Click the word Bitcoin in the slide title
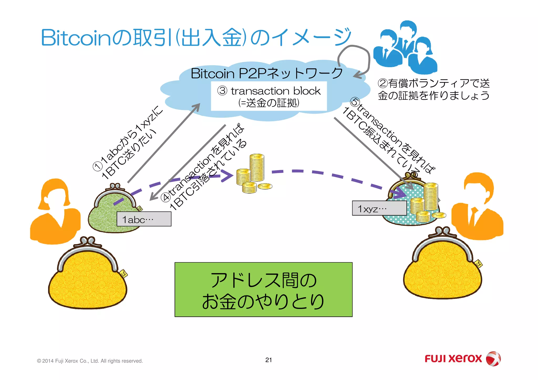pos(76,38)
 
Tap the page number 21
pos(268,360)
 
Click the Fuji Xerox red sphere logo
pos(493,359)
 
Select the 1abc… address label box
pos(144,219)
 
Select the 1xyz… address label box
pos(379,209)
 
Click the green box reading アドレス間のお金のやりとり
pos(263,289)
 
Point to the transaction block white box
pos(269,96)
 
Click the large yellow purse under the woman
pos(87,278)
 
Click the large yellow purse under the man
pos(443,268)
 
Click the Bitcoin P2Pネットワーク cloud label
pos(267,73)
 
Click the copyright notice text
pos(90,361)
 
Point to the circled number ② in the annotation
pos(382,84)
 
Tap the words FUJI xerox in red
pos(453,359)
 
